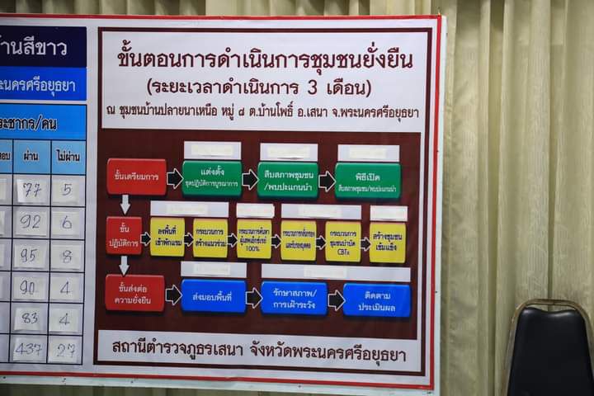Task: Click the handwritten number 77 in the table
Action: (31, 191)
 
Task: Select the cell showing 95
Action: (29, 256)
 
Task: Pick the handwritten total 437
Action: (28, 350)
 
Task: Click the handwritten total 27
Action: (66, 351)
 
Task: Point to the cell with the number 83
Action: (29, 318)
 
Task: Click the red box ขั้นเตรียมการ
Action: (136, 177)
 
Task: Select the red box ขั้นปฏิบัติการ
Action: (124, 235)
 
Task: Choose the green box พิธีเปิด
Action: (367, 180)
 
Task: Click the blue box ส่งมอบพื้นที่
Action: (214, 295)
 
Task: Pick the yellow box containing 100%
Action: (254, 239)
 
